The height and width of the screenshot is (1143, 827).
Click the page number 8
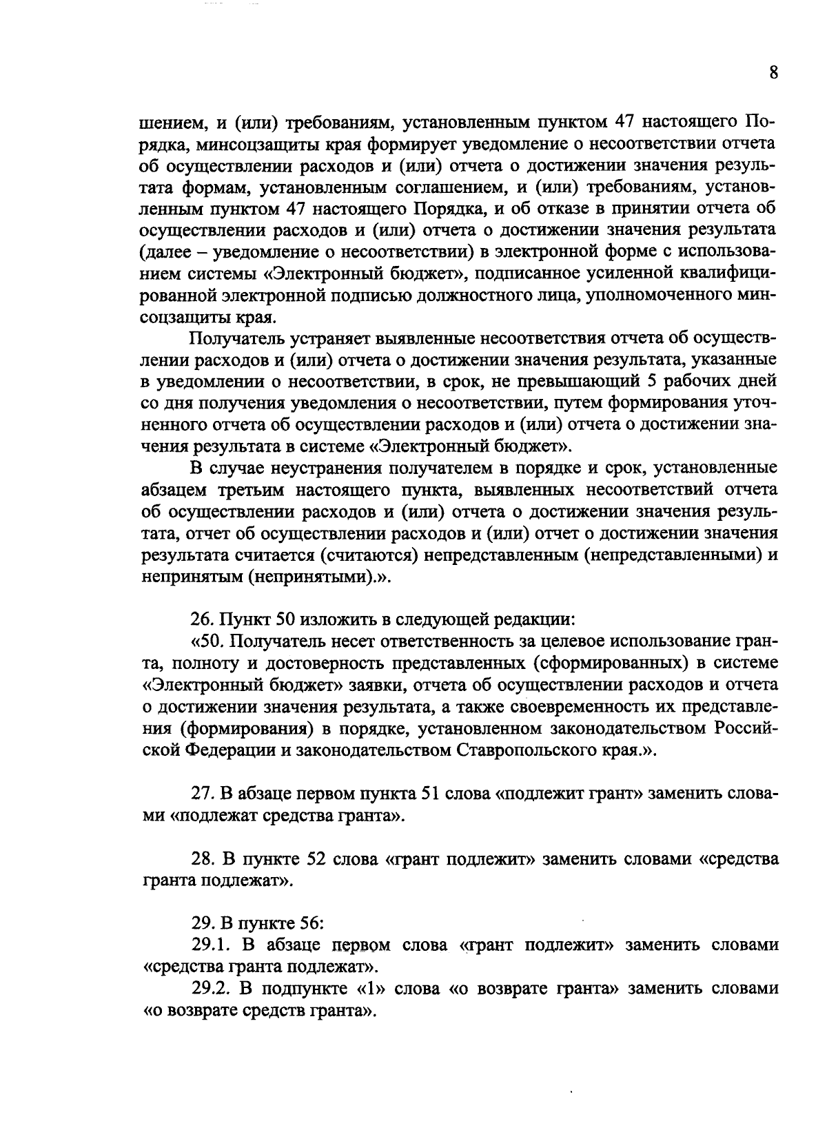pyautogui.click(x=773, y=73)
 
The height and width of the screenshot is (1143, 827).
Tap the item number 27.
pyautogui.click(x=202, y=793)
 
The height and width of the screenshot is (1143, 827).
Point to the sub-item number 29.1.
pyautogui.click(x=211, y=945)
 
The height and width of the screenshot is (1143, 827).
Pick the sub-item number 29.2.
pyautogui.click(x=211, y=989)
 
